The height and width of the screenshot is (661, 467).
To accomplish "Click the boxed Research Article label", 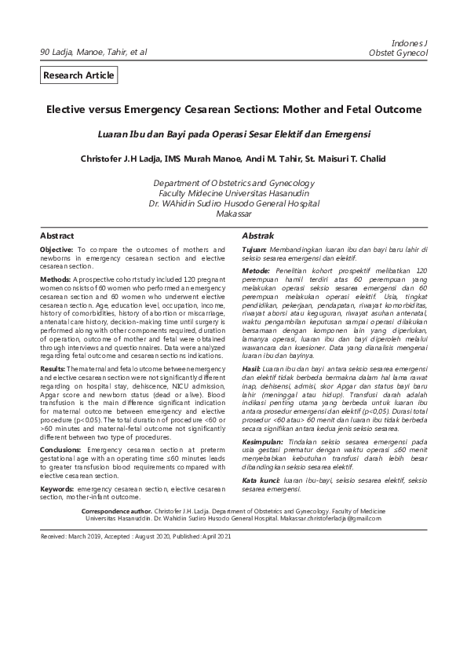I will (x=79, y=75).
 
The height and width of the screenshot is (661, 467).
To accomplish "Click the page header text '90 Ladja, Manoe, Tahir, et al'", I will (x=93, y=53).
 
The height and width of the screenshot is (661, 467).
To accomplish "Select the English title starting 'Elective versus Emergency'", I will (x=233, y=111).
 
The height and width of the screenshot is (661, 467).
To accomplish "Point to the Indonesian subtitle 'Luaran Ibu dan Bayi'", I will (x=233, y=134).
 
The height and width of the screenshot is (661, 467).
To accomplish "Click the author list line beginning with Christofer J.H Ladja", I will (x=233, y=159).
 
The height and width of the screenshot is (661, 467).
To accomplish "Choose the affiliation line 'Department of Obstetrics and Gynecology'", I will (x=233, y=183).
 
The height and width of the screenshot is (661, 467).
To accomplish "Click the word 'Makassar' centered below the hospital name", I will (x=233, y=214).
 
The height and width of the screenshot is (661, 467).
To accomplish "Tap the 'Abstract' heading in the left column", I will (x=57, y=236).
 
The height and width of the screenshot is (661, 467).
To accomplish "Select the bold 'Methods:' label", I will (x=56, y=279).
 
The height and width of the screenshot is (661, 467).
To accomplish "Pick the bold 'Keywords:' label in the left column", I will (x=57, y=466).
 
